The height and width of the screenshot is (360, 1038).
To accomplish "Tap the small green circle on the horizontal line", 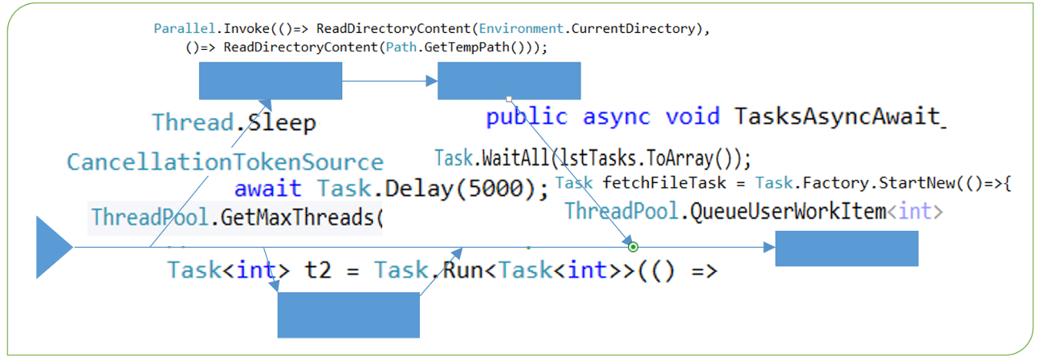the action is pos(633,248).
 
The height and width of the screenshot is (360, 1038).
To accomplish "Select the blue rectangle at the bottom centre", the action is pos(348,315).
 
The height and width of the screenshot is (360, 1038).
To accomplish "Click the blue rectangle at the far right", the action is pos(847,248).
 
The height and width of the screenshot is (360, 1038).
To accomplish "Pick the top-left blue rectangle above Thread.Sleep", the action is pos(271,81).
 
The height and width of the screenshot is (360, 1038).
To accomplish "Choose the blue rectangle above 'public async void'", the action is pos(509,81).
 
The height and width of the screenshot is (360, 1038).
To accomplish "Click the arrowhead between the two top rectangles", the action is pos(432,81).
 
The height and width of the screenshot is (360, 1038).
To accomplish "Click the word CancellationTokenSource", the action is pos(225,162).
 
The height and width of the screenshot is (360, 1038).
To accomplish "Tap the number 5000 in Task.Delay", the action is pos(496,188).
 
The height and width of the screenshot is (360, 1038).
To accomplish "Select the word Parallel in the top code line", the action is pos(185,28).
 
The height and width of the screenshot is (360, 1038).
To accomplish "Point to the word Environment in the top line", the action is pos(521,28).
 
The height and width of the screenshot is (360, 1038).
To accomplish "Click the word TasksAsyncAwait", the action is pos(837,116).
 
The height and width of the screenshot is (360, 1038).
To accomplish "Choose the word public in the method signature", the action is pos(527,117).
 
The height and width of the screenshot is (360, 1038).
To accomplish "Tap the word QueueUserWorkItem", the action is pos(788,212).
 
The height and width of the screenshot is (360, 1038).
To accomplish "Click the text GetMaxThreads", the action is pos(297,217).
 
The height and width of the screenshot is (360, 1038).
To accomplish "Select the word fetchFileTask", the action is pos(664,183).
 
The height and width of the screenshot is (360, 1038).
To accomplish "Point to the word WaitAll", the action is pos(515,158).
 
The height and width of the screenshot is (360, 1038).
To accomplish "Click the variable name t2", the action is pos(318,271).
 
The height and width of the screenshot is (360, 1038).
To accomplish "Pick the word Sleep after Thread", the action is pos(281,123).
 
